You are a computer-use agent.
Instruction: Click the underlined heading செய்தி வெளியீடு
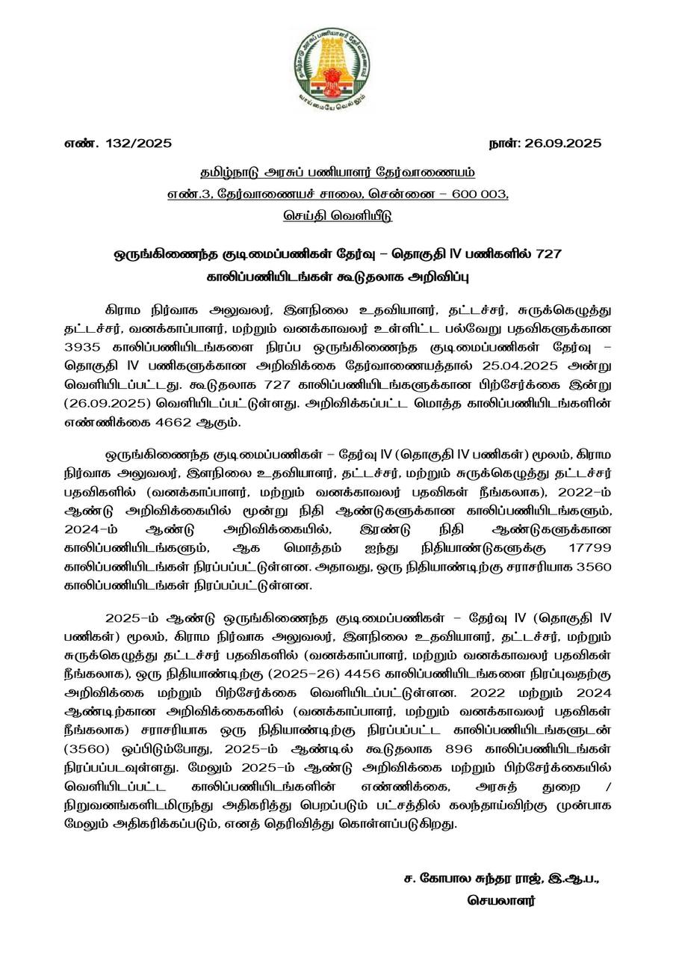coord(338,216)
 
